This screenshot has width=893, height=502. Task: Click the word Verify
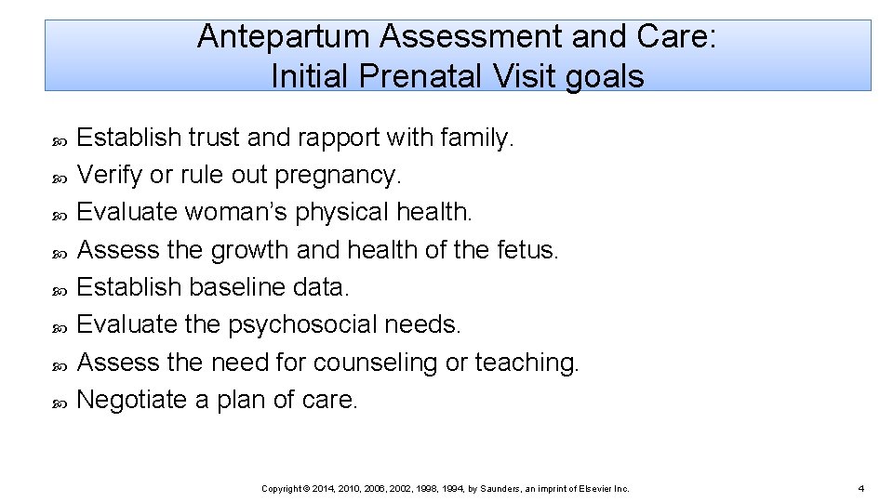click(109, 175)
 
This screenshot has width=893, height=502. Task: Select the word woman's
click(236, 212)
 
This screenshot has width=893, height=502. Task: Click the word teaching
click(526, 363)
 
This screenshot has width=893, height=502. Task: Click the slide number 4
click(861, 488)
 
